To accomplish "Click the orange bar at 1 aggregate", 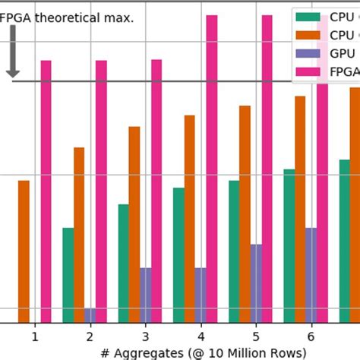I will click(x=24, y=251).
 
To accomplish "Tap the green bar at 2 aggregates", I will click(x=68, y=275).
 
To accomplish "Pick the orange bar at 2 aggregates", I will click(x=79, y=235).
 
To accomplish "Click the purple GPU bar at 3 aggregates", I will click(x=145, y=295).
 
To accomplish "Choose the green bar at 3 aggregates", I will click(x=123, y=263).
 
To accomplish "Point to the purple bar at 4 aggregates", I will click(x=201, y=295).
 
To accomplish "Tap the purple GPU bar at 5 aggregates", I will click(x=256, y=283).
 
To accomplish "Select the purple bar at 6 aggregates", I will click(x=311, y=275).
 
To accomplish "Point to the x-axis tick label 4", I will click(x=201, y=335).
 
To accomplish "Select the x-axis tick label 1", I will click(x=34, y=335).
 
